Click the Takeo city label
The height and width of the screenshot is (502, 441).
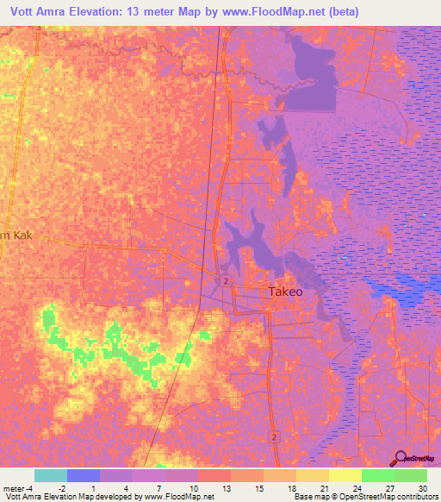[x=285, y=292]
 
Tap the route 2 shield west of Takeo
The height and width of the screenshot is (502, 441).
[x=224, y=281]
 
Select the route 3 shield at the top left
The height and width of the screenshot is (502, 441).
[x=38, y=28]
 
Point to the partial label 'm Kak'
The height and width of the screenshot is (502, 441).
[x=16, y=234]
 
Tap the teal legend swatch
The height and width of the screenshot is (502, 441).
[x=50, y=475]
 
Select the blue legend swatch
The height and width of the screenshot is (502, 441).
[x=83, y=475]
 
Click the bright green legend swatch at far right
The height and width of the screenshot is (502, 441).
[x=410, y=475]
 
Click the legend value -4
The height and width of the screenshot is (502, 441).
[x=29, y=487]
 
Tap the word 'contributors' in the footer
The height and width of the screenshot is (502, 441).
[x=416, y=497]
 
